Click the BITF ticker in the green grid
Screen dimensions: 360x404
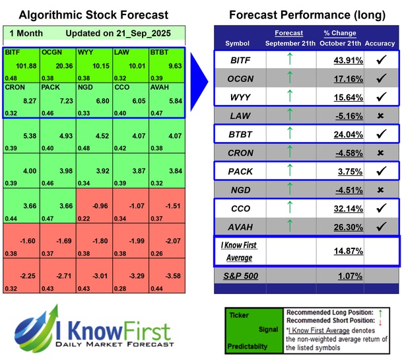tap(13, 52)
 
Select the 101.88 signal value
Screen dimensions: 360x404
tap(26, 66)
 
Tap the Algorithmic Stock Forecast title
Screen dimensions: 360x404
tap(93, 15)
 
